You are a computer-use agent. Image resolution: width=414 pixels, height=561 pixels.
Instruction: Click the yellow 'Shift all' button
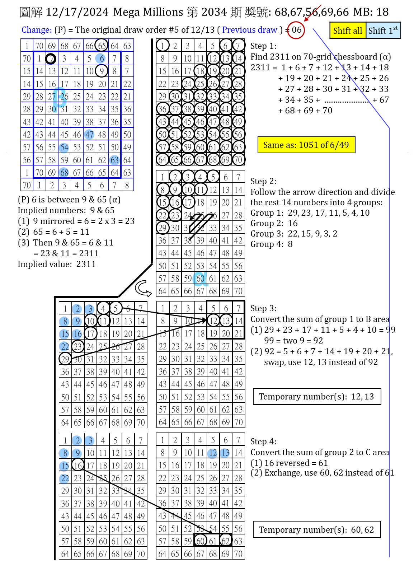[348, 31]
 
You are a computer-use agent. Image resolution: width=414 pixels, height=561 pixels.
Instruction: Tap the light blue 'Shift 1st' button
[383, 31]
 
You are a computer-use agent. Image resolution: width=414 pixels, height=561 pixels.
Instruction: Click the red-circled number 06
[296, 30]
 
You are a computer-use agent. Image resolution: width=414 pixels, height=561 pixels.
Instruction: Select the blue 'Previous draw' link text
[249, 30]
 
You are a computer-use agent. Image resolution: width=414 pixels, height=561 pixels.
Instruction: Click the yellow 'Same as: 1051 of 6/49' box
[306, 145]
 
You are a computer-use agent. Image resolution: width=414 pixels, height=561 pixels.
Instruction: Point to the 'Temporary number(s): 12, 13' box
[317, 396]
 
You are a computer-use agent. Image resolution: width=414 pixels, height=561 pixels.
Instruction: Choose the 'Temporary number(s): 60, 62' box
[317, 529]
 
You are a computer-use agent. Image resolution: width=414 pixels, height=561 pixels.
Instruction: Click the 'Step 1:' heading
[263, 46]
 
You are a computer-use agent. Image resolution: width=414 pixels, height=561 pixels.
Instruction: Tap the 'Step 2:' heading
[263, 181]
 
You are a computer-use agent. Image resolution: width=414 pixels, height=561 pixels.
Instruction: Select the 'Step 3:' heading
[263, 308]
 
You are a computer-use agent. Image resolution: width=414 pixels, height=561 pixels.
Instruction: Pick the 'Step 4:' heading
[263, 441]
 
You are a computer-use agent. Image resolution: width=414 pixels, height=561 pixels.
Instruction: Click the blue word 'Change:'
[37, 30]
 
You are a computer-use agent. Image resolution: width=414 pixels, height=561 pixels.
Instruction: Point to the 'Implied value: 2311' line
[57, 264]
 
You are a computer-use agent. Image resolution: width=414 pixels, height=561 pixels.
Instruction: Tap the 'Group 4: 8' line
[271, 244]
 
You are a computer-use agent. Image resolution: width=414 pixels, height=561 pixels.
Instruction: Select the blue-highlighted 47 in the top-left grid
[89, 134]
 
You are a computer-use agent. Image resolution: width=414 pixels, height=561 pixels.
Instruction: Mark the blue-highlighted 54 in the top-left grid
[64, 147]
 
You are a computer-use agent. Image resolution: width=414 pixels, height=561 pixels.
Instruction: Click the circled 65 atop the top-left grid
[102, 46]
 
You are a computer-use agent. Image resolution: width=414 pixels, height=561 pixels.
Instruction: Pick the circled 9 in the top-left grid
[102, 71]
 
